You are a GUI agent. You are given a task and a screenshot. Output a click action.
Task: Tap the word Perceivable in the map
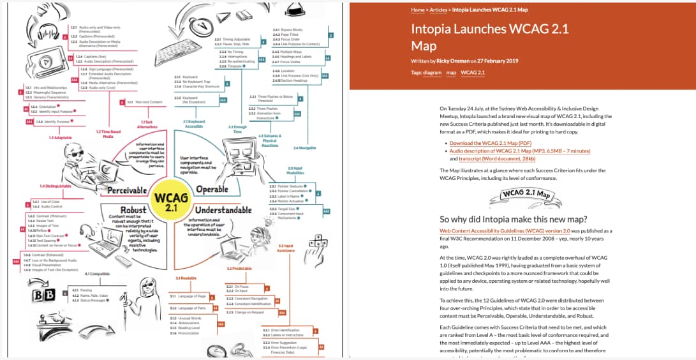click(x=127, y=190)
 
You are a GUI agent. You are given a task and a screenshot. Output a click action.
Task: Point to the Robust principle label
click(x=133, y=210)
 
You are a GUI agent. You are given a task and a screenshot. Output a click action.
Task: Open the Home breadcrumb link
click(x=418, y=10)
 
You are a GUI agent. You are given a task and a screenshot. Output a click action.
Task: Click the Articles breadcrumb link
click(x=438, y=10)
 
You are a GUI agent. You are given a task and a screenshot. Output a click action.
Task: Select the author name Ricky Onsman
click(x=452, y=61)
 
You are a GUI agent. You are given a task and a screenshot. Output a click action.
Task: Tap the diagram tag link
click(x=432, y=72)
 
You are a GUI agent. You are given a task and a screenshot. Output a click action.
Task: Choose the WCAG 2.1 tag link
click(x=473, y=72)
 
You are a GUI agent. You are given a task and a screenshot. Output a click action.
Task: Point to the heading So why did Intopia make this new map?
click(x=514, y=219)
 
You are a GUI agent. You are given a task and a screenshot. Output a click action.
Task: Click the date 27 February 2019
click(x=501, y=61)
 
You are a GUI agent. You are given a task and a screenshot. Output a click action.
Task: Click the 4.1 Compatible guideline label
click(x=96, y=274)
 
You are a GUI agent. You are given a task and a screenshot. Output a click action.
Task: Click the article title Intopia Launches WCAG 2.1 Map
click(x=490, y=37)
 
